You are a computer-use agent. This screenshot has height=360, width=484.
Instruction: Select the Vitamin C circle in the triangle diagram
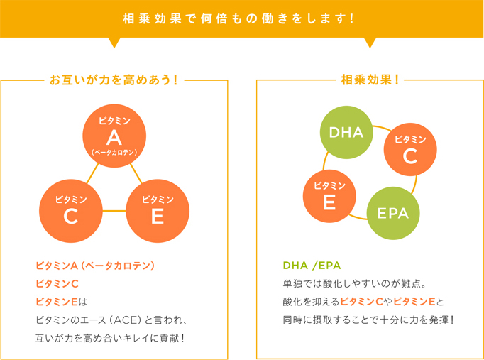[x=71, y=211]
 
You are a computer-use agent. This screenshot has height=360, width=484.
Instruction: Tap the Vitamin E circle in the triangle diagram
[x=158, y=211]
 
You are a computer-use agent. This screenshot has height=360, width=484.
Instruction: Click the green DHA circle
[x=346, y=133]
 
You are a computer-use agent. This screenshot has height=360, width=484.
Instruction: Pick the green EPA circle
[x=392, y=212]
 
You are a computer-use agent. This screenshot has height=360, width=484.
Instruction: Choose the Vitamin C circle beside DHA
[x=409, y=150]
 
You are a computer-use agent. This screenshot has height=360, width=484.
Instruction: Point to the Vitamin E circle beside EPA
[x=329, y=196]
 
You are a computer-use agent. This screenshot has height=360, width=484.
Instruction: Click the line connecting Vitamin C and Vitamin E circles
[x=114, y=211]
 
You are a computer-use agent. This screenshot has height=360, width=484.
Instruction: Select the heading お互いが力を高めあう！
[x=114, y=80]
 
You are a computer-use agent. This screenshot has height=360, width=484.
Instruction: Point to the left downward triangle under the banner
[x=114, y=42]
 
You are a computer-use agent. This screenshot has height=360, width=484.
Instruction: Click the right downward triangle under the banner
[x=369, y=42]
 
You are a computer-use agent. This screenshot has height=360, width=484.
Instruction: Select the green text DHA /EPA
[x=312, y=266]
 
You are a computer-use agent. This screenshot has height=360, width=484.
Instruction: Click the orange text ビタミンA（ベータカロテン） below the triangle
[x=95, y=266]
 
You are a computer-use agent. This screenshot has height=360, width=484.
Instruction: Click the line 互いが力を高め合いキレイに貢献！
[x=110, y=337]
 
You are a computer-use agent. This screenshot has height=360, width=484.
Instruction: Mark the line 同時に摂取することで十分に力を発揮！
[x=368, y=320]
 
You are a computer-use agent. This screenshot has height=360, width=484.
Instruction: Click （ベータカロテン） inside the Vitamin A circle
[x=114, y=152]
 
